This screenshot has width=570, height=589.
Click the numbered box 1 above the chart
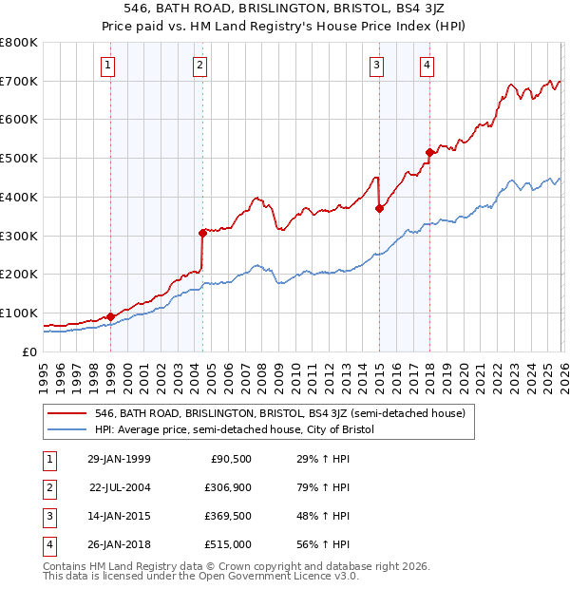(x=109, y=66)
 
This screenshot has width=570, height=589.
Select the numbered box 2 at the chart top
(x=200, y=66)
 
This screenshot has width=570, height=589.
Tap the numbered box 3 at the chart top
(x=377, y=66)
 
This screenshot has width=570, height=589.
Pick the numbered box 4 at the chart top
(x=427, y=66)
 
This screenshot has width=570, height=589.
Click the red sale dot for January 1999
(x=110, y=316)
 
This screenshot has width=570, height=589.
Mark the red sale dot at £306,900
(x=202, y=233)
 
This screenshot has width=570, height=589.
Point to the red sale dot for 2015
(x=379, y=208)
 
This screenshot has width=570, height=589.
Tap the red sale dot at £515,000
(x=429, y=152)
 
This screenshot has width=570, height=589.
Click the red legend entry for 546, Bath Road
(x=279, y=413)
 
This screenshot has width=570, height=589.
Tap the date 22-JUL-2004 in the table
(x=120, y=487)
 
